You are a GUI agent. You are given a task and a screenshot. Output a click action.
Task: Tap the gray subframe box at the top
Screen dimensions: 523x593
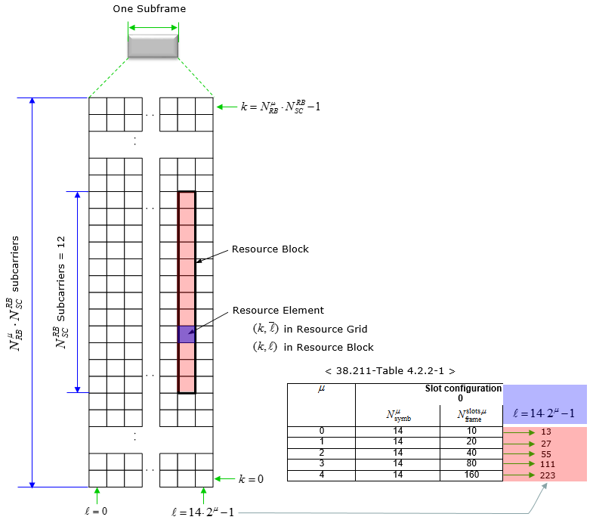[153, 45]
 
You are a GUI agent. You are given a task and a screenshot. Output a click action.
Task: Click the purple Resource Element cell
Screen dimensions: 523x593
[187, 334]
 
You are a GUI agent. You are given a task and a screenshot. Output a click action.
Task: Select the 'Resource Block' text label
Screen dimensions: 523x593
[270, 249]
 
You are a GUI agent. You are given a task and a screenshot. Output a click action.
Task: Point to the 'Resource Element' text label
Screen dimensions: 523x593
[277, 311]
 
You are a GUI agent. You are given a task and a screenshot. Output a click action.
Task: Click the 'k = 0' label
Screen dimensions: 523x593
[251, 479]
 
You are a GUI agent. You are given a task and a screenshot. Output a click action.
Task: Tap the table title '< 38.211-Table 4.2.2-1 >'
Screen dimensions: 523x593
[390, 371]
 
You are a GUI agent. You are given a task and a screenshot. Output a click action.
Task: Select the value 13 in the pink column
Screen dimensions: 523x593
[547, 432]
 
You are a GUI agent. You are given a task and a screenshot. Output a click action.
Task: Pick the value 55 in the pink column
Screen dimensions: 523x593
[547, 453]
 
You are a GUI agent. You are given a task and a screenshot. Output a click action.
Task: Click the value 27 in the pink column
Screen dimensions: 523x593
[547, 443]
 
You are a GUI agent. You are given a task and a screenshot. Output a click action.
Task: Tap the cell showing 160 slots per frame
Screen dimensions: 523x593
[471, 475]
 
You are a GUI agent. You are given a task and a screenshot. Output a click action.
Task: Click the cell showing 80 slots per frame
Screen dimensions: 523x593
[471, 464]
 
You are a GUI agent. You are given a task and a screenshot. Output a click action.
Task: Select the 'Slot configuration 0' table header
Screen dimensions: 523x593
[463, 393]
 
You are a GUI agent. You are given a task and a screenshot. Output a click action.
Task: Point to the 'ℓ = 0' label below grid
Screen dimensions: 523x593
[96, 511]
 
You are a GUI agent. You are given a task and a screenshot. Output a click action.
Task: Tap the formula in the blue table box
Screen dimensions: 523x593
[544, 413]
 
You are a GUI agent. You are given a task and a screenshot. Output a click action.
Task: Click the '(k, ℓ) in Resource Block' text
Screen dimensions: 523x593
[313, 347]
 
